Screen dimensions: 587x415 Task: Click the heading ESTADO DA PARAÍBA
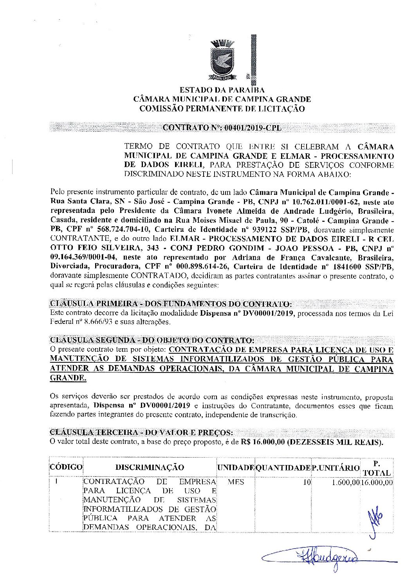222,90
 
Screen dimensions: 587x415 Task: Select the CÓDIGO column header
66,467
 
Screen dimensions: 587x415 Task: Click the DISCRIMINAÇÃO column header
150,467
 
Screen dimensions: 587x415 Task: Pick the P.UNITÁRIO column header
336,467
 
